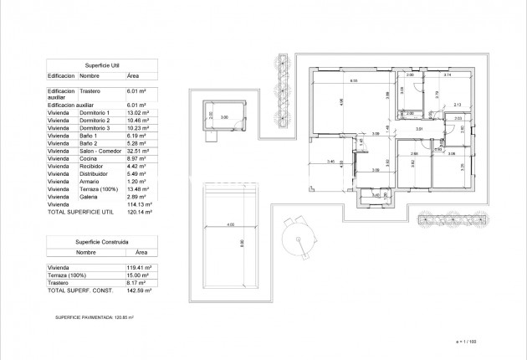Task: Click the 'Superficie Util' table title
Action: coord(102,64)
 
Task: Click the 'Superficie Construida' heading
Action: coord(102,241)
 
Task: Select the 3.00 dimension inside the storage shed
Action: coord(224,117)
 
